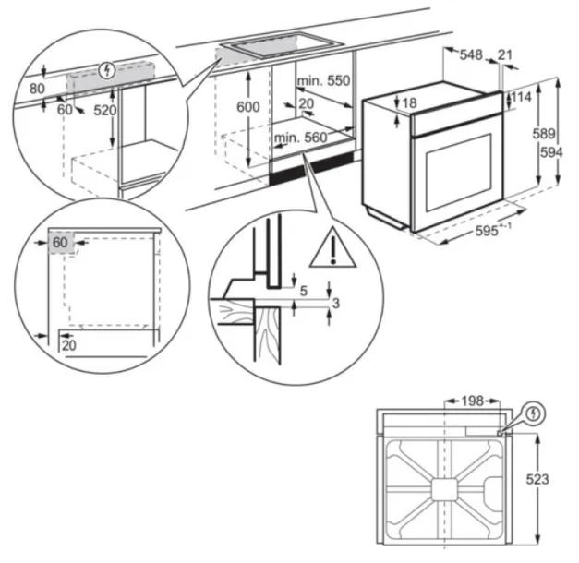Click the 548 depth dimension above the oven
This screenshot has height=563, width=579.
point(471,56)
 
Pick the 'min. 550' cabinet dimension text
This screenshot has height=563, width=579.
point(323,81)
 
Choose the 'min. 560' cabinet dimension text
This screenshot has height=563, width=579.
point(300,138)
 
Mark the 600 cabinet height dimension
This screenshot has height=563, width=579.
point(247,107)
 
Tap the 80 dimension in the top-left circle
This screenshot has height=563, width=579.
point(37,90)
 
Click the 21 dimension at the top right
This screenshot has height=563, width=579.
point(504,56)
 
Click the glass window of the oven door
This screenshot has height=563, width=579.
point(456,170)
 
